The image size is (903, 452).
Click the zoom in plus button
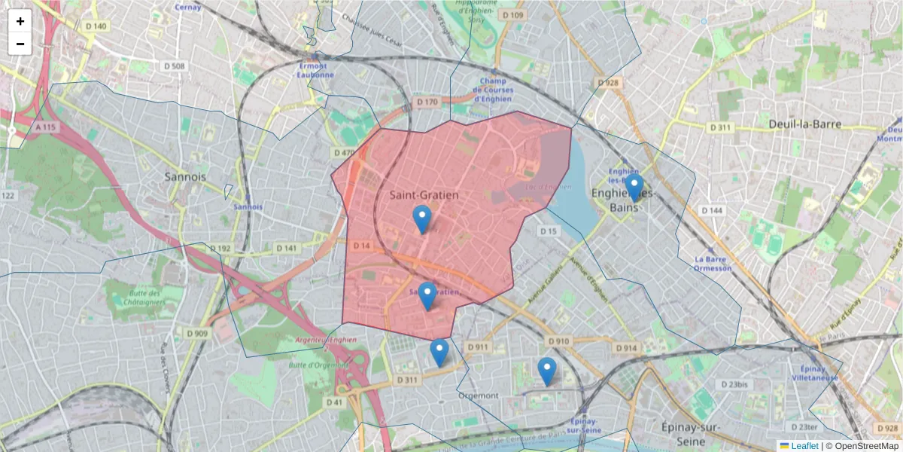(20, 21)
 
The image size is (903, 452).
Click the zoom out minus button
(20, 44)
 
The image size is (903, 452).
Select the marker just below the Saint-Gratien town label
(423, 219)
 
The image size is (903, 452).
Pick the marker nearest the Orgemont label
(439, 353)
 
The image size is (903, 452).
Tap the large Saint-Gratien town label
(424, 195)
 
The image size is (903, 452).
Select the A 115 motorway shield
(46, 128)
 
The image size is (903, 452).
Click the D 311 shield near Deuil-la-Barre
(720, 127)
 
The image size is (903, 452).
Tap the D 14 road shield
(362, 246)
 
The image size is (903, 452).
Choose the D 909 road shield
(196, 333)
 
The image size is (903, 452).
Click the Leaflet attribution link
(804, 446)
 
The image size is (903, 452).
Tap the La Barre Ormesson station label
(713, 264)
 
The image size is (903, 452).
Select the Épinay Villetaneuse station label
(814, 374)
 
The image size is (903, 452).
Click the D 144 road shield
(711, 209)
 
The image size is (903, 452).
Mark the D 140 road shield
(97, 26)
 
